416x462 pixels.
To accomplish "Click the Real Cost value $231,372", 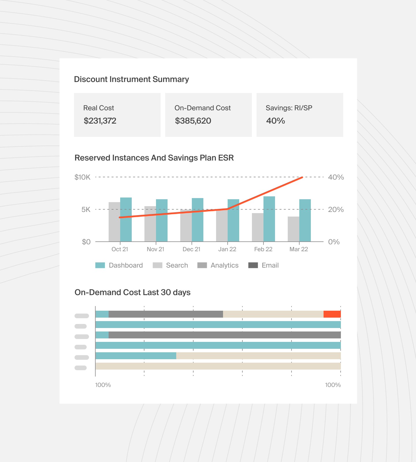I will click(100, 121).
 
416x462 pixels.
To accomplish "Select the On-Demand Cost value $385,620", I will click(193, 121).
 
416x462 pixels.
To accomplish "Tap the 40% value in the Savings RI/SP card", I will click(275, 121).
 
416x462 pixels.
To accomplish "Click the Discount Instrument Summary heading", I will click(131, 79).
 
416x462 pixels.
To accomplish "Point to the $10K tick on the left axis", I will click(82, 177).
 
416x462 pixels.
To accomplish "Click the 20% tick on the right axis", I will click(336, 210).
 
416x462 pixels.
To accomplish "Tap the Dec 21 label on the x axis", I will click(191, 249).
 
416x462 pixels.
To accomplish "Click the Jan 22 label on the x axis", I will click(227, 249).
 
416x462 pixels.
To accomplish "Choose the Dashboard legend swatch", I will click(100, 265).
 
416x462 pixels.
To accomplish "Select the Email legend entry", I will click(270, 265).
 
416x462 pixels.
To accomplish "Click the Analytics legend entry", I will click(224, 265).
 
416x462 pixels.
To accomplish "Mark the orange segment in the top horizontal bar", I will click(332, 314).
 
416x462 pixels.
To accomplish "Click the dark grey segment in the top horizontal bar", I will click(166, 314).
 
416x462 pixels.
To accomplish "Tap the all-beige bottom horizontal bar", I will click(218, 366).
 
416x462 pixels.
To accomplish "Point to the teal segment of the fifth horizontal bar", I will click(135, 356).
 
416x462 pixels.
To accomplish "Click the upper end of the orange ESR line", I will click(302, 177).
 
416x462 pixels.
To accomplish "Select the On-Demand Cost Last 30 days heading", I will click(132, 293).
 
